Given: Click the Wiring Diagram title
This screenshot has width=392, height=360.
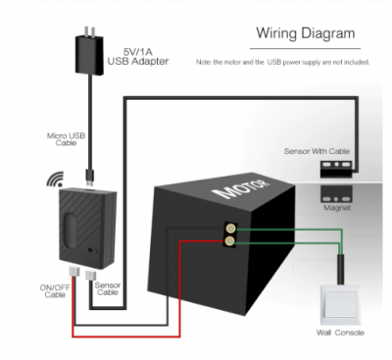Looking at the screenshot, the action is tap(306, 33).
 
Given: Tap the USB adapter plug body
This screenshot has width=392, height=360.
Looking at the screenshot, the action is tap(89, 54).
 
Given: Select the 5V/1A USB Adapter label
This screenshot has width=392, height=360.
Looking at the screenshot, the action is tap(138, 57).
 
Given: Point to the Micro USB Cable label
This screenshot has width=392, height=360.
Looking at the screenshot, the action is tap(66, 139).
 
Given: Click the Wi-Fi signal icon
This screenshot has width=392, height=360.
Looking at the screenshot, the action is tap(55, 180).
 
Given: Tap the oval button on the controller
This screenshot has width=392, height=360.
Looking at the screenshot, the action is tap(70, 230).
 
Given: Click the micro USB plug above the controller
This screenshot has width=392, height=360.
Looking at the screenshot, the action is tap(89, 178).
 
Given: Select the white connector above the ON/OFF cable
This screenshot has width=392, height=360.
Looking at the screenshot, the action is tap(73, 271).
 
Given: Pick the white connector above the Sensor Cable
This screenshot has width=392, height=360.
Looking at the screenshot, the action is tap(89, 275).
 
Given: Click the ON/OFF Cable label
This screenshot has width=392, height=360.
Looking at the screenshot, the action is tap(55, 291).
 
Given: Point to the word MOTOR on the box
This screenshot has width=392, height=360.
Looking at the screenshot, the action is tap(242, 189).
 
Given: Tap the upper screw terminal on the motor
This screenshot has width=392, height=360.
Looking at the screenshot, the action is tap(231, 228).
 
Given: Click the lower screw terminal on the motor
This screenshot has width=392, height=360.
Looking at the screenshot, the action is tap(230, 241).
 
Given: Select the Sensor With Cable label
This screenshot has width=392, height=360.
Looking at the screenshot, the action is tap(317, 151).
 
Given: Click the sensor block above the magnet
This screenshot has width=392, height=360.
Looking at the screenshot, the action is tap(336, 169).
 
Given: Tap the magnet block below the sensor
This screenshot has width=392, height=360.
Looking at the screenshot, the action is tap(336, 194).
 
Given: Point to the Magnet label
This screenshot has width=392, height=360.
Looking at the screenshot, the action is tap(337, 208).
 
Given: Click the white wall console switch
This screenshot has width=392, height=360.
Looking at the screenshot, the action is tap(340, 304).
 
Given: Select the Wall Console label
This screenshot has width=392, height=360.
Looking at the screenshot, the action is tap(340, 333).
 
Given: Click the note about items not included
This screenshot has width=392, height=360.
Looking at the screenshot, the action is tap(282, 62).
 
